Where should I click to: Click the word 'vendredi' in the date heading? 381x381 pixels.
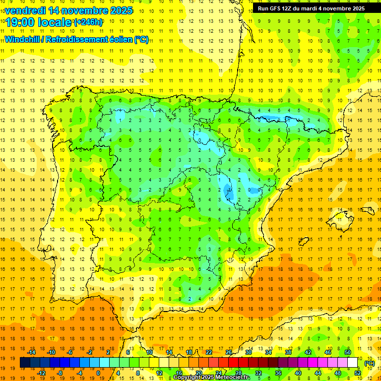(24, 10)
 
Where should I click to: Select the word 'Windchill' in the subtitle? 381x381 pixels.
(22, 39)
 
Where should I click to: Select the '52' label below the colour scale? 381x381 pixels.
(358, 373)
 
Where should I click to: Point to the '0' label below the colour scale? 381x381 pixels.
(98, 373)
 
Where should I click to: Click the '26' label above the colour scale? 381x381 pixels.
(229, 352)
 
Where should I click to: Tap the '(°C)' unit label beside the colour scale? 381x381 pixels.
(369, 363)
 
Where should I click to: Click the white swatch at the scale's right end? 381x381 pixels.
(353, 363)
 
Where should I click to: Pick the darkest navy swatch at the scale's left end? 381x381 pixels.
(25, 363)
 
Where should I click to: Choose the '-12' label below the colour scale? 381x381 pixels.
(42, 373)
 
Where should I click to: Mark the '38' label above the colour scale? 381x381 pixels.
(288, 352)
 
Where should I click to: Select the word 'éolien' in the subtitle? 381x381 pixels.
(120, 39)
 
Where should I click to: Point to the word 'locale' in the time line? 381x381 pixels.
(55, 22)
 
